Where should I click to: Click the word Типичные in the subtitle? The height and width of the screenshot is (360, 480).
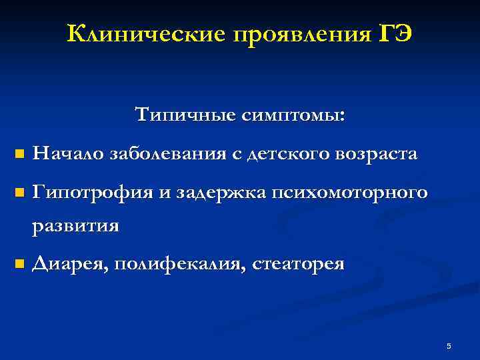(x=179, y=114)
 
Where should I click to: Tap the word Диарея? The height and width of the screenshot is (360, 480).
(x=71, y=263)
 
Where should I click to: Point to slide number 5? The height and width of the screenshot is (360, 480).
(x=449, y=345)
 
